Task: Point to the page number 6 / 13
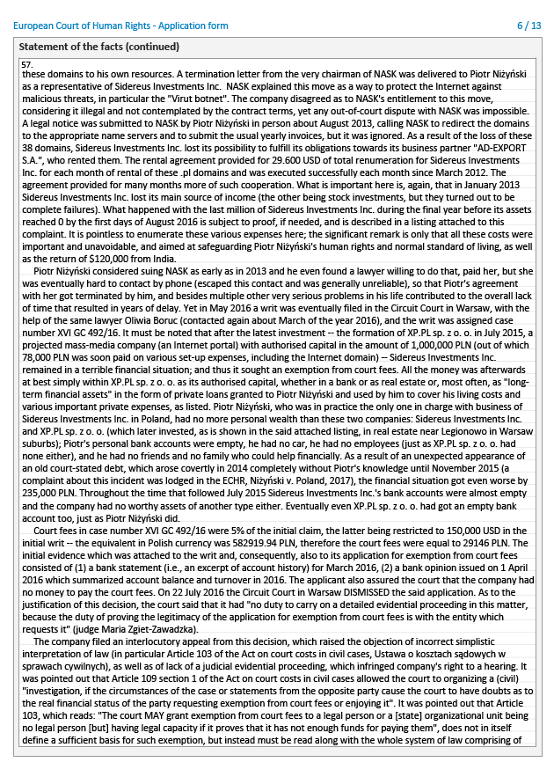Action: click(529, 26)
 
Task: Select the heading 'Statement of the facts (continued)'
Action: click(99, 47)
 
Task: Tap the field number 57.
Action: click(27, 65)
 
